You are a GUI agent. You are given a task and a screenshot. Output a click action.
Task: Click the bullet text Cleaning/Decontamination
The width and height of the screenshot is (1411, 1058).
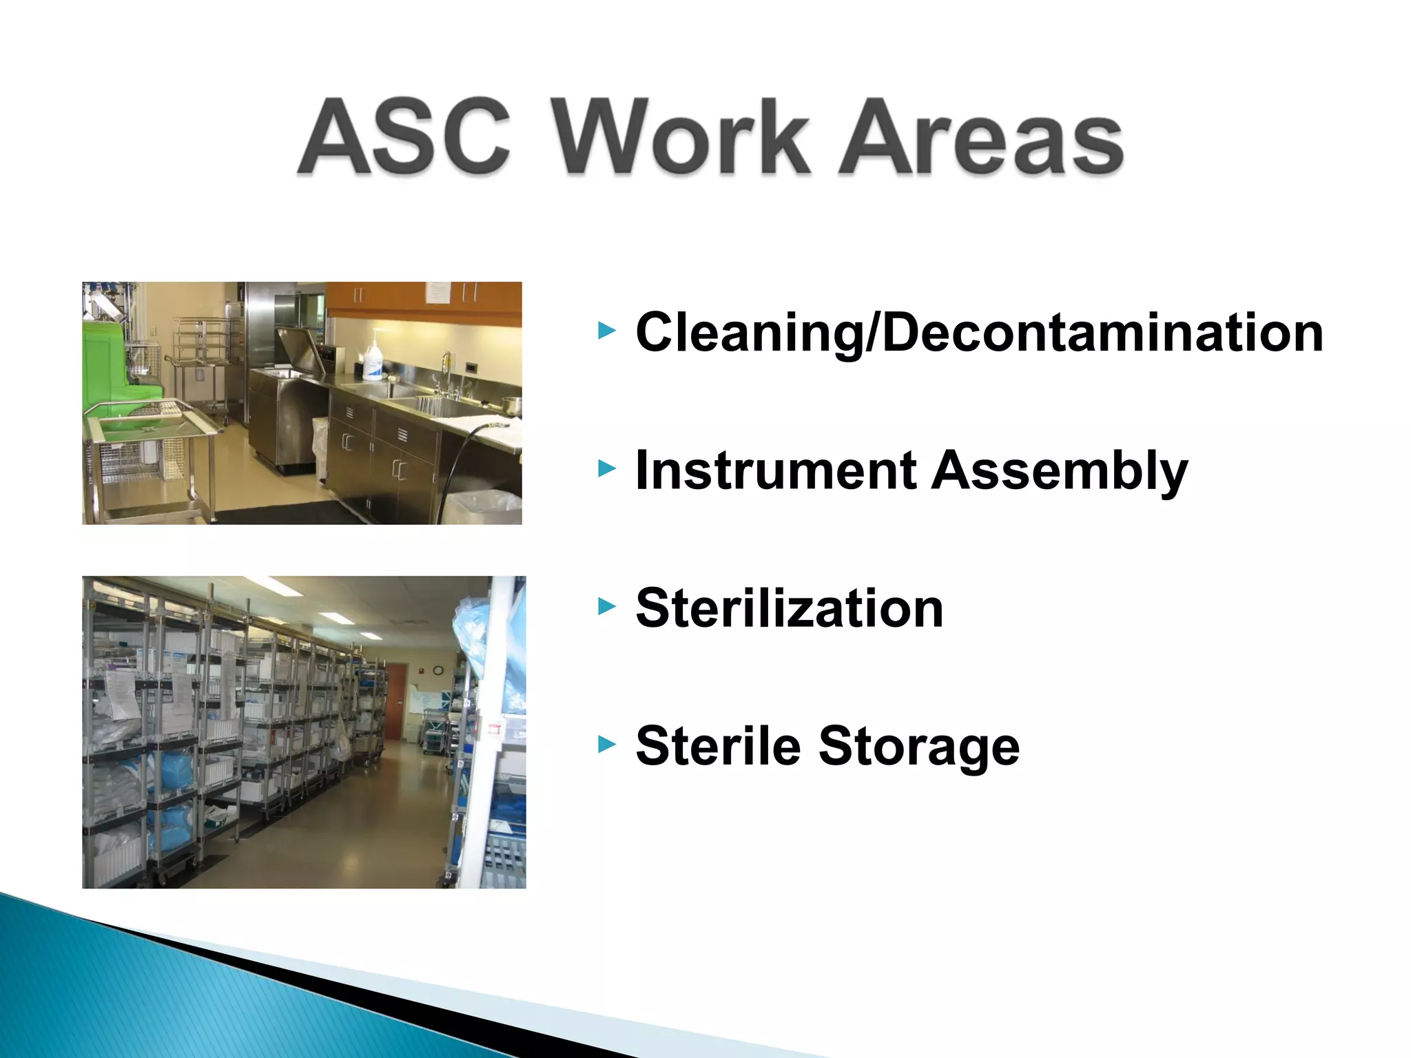pyautogui.click(x=978, y=333)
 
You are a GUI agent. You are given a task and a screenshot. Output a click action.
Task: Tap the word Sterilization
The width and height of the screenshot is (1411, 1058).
pyautogui.click(x=789, y=609)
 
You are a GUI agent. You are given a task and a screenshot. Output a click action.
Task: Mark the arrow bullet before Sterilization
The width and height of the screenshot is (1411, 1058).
pyautogui.click(x=606, y=607)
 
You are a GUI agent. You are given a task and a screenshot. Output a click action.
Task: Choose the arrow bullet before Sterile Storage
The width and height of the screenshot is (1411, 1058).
pyautogui.click(x=606, y=745)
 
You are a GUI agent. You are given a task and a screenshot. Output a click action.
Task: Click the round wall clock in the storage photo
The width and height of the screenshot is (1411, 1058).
pyautogui.click(x=438, y=670)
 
